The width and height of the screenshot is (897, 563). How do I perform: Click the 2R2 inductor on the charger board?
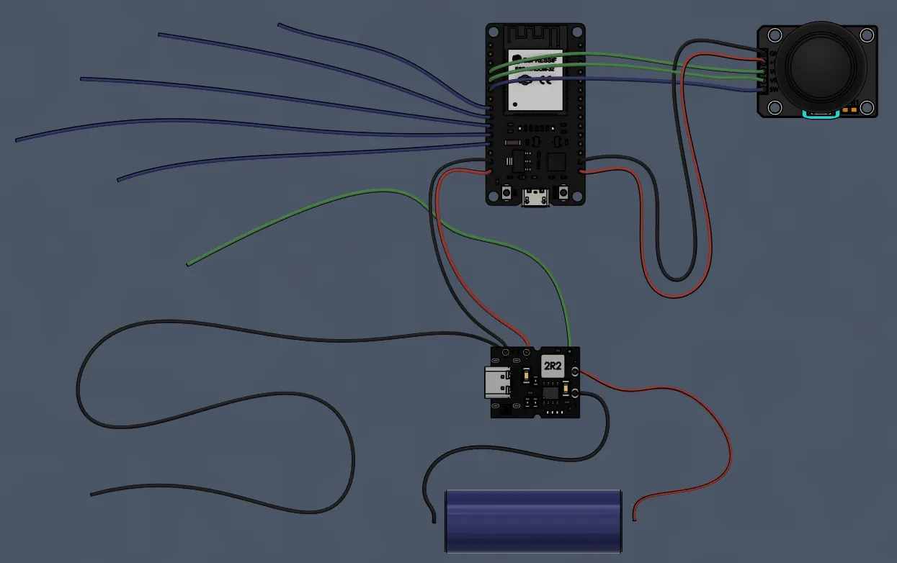click(x=553, y=366)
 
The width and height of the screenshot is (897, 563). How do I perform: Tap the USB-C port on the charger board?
click(x=497, y=382)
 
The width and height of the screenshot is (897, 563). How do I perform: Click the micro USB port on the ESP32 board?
click(x=535, y=197)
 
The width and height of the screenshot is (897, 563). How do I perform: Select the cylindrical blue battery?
click(x=533, y=521)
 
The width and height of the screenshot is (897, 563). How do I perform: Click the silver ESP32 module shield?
click(x=535, y=80)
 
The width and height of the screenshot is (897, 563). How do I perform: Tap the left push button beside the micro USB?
click(x=507, y=193)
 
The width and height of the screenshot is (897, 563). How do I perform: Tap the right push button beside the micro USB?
click(x=563, y=193)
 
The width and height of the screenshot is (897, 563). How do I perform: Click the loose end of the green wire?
click(x=188, y=264)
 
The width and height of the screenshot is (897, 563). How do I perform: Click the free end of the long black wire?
click(x=92, y=495)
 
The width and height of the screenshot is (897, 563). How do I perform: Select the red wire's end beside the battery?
click(x=634, y=518)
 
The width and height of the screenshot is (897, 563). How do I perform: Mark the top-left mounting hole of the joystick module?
click(x=775, y=35)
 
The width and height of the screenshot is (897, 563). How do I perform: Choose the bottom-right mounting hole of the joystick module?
click(x=865, y=108)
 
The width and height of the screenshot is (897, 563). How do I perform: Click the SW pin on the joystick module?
click(x=762, y=90)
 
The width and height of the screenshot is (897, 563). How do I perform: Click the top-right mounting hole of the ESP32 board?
click(x=576, y=32)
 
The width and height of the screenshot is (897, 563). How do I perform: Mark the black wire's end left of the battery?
click(x=434, y=520)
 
